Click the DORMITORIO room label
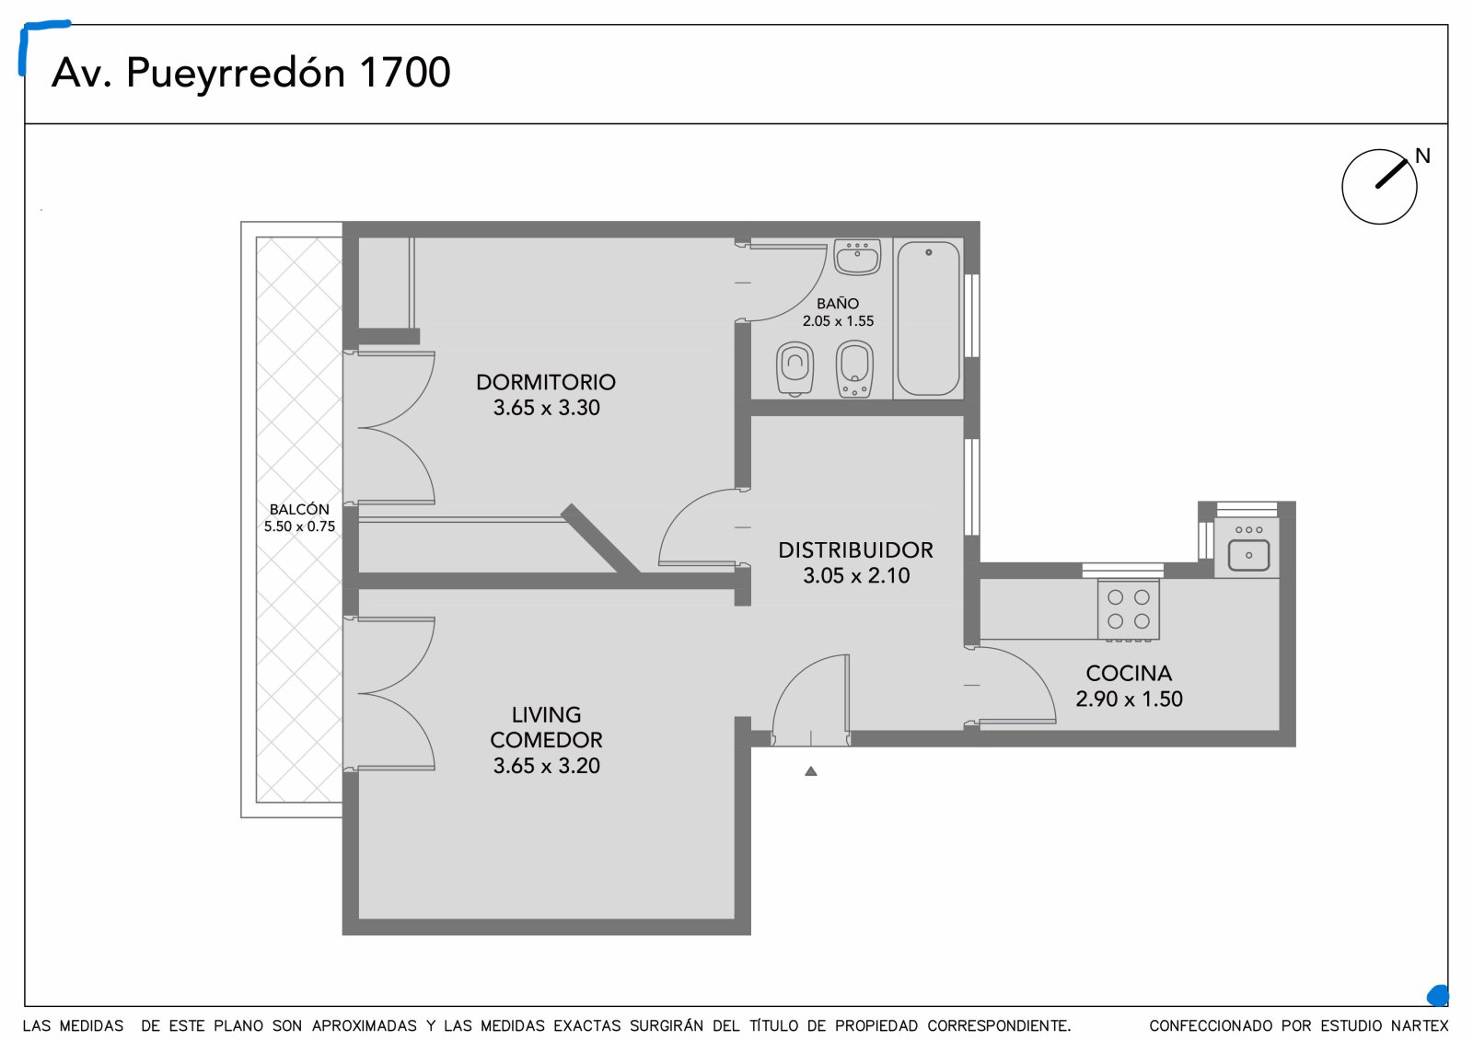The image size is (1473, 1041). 546,382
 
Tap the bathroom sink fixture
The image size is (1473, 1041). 857,257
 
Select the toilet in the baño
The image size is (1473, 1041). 795,369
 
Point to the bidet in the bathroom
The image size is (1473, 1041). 854,369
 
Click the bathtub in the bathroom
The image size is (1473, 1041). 928,318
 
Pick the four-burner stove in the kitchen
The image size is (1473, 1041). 1128,609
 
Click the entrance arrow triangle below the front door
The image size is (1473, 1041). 811,771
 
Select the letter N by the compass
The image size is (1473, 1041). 1422,156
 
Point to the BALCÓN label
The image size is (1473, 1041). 299,509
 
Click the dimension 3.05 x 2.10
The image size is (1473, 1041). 856,575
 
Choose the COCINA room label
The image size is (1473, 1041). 1129,674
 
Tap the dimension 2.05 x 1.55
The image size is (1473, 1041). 838,321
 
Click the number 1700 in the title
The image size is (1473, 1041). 405,72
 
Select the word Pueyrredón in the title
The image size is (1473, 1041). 236,73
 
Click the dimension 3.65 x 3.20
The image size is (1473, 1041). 547,766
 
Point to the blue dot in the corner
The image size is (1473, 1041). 1438,995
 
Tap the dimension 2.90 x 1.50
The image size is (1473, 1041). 1129,699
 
